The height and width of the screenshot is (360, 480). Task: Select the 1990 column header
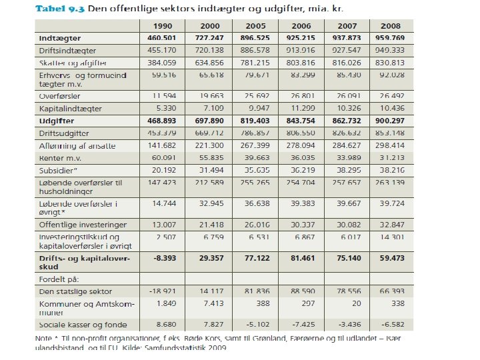point(163,26)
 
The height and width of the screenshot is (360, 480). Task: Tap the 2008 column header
point(391,26)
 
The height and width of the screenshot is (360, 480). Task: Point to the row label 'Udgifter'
point(56,121)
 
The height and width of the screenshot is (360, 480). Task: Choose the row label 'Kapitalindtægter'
point(70,108)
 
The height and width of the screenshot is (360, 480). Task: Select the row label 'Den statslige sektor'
point(75,292)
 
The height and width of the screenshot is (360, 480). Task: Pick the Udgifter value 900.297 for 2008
point(390,121)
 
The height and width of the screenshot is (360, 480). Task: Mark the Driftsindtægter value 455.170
point(163,50)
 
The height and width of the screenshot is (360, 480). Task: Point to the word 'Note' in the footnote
point(45,337)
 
